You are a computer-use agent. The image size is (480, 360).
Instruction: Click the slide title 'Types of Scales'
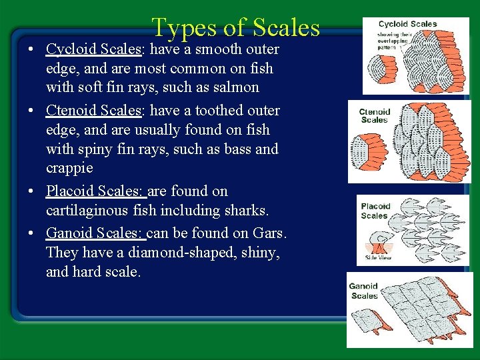235,27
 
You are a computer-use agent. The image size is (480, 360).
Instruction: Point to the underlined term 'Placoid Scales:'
96,191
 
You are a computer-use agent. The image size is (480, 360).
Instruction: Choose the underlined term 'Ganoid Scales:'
95,234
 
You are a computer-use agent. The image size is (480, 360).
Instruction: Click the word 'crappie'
70,168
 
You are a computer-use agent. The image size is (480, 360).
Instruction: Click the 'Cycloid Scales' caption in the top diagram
407,25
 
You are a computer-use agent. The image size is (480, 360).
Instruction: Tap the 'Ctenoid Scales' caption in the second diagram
374,116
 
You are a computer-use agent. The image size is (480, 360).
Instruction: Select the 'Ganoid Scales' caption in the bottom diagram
364,291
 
